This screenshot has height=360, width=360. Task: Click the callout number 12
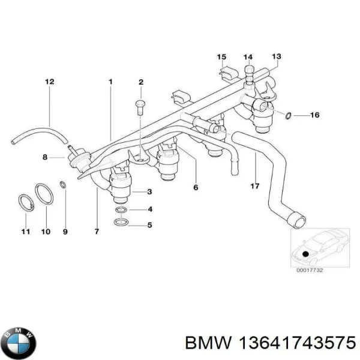50,81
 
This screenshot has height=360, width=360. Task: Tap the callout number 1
110,81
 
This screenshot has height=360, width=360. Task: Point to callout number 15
221,57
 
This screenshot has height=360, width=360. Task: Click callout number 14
248,57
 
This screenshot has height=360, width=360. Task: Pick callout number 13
276,56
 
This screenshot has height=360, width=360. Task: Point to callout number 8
44,158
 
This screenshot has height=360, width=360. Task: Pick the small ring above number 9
64,184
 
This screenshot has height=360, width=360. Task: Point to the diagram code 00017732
310,271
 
